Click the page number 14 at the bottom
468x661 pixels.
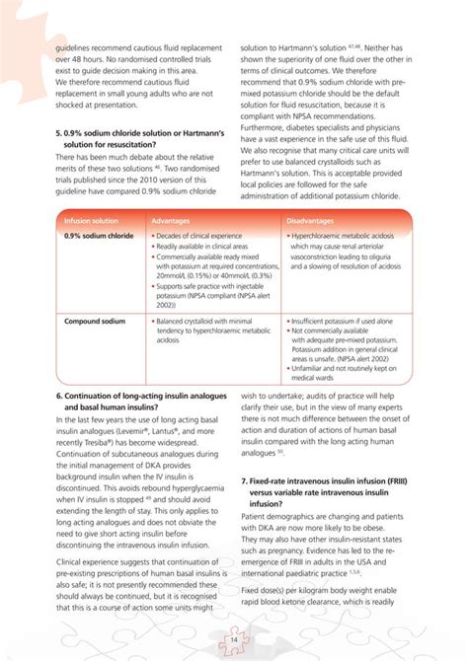[234, 639]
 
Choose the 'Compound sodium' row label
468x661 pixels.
[94, 322]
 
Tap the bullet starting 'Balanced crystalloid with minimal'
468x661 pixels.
[209, 322]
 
